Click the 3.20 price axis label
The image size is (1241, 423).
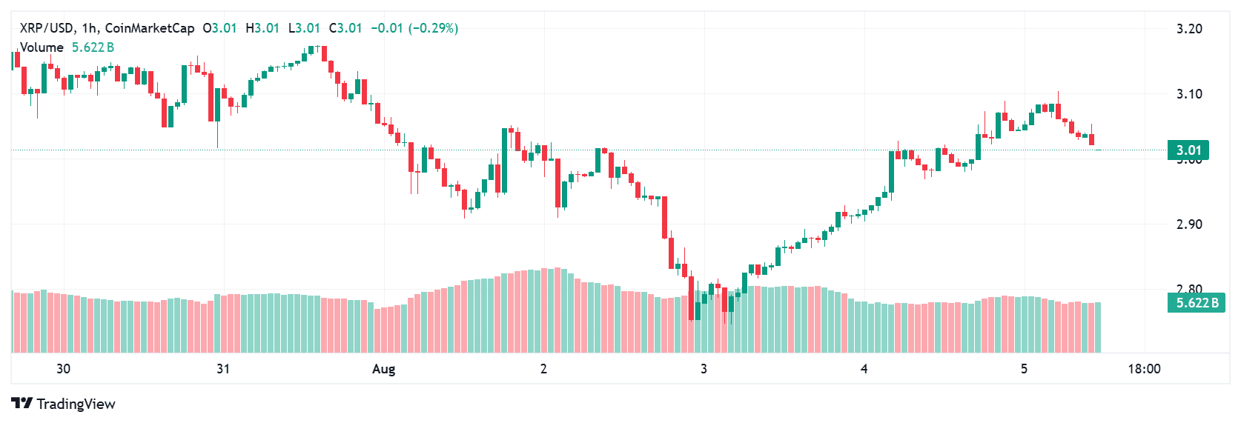(x=1189, y=29)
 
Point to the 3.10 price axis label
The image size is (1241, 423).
(x=1189, y=94)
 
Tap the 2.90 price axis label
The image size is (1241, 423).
(x=1189, y=224)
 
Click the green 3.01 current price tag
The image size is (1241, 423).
(x=1188, y=150)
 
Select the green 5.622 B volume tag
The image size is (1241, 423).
(x=1197, y=303)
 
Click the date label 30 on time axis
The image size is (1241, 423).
(x=63, y=369)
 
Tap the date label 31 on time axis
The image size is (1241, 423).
(x=223, y=369)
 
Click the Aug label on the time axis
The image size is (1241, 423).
(x=383, y=369)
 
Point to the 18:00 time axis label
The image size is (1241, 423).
(x=1144, y=369)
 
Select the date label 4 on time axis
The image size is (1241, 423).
(x=864, y=369)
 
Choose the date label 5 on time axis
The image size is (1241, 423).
(x=1024, y=369)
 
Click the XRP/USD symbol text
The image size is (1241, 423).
(x=47, y=28)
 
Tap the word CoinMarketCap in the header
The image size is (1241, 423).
(x=150, y=28)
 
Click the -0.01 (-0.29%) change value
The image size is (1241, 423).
(x=414, y=28)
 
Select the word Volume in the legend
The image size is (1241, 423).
(x=42, y=47)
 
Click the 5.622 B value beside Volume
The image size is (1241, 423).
(x=93, y=47)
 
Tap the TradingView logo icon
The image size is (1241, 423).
(x=22, y=404)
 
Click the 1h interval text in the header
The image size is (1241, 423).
(x=90, y=28)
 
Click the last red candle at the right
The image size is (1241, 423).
(x=1091, y=139)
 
